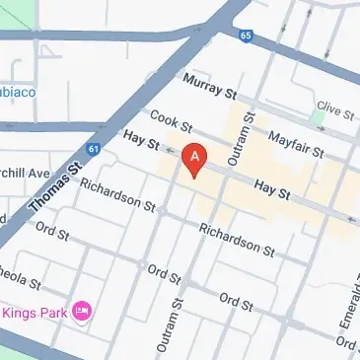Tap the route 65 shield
[x=246, y=35]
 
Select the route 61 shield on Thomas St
[x=93, y=149]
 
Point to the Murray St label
[x=209, y=87]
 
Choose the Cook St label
[x=171, y=123]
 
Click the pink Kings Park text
[x=35, y=313]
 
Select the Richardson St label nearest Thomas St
[x=117, y=195]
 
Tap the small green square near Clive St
[x=317, y=116]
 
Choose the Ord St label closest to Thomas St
[x=50, y=235]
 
